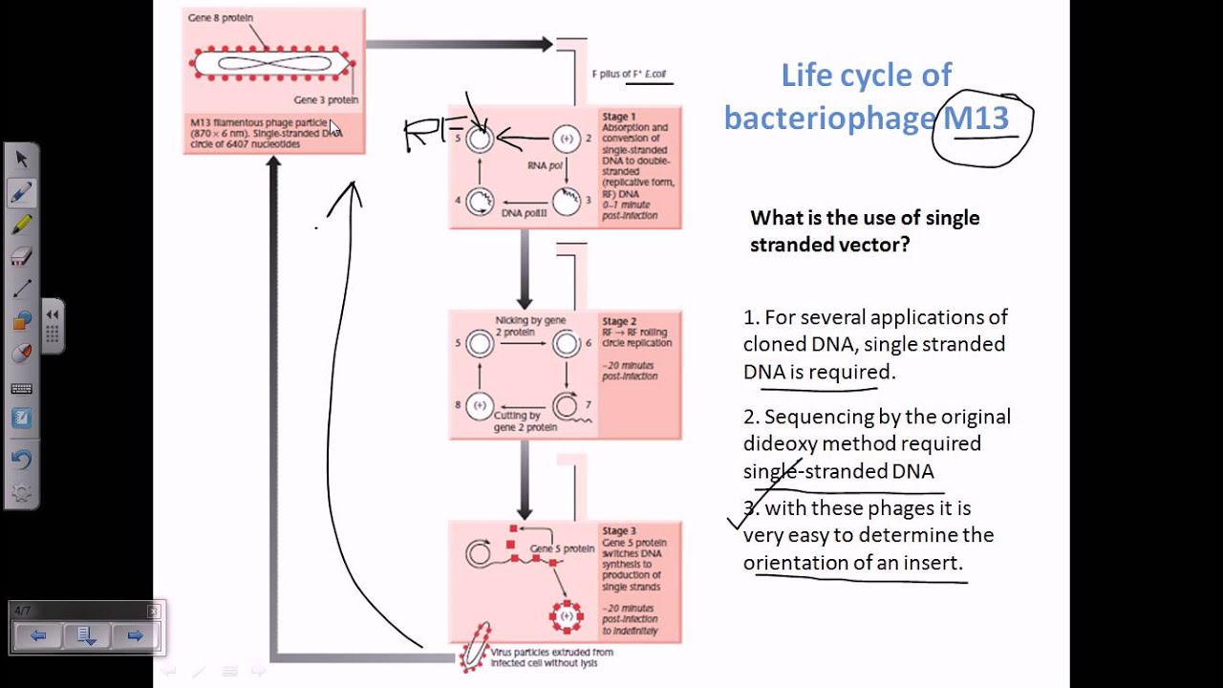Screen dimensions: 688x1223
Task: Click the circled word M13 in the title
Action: coord(976,118)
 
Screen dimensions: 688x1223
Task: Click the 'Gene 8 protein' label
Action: coord(221,18)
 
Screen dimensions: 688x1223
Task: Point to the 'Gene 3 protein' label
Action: coord(326,100)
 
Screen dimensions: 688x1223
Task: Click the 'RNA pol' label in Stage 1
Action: coord(544,165)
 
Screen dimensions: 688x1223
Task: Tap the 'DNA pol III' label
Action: coord(525,212)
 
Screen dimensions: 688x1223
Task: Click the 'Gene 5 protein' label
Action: coord(563,548)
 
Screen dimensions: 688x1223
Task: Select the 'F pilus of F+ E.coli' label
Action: coord(630,74)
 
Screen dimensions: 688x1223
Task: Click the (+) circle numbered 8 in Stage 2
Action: coord(480,405)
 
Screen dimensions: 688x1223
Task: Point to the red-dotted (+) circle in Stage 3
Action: coord(567,616)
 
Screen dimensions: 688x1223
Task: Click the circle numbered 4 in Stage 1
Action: coord(480,201)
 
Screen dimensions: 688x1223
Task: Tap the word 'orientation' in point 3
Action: coord(795,563)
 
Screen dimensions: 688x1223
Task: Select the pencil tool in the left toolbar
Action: coord(22,192)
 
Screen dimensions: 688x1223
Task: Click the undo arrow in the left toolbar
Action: coord(22,460)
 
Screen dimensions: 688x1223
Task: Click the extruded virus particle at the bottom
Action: coord(474,647)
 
